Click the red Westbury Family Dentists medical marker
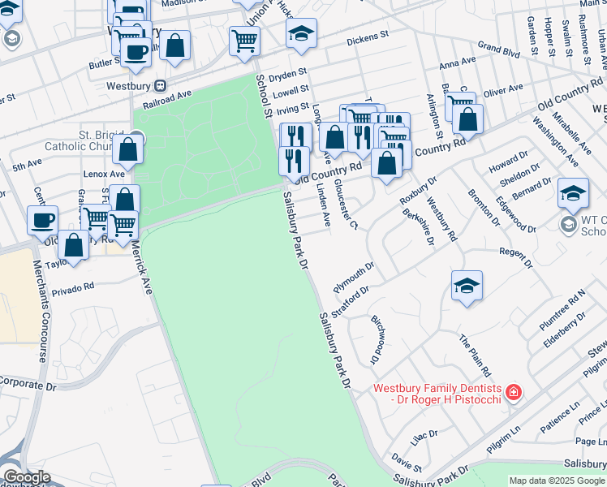pos(513,394)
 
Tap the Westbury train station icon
pos(161,84)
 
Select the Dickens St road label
pos(368,38)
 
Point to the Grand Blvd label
pos(497,50)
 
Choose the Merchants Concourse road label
pos(39,311)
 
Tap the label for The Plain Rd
pos(475,354)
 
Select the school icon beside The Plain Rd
pos(467,286)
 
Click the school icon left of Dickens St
pos(301,33)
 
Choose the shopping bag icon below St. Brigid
pos(128,149)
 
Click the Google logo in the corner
pos(27,477)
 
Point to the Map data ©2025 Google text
pos(557,481)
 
